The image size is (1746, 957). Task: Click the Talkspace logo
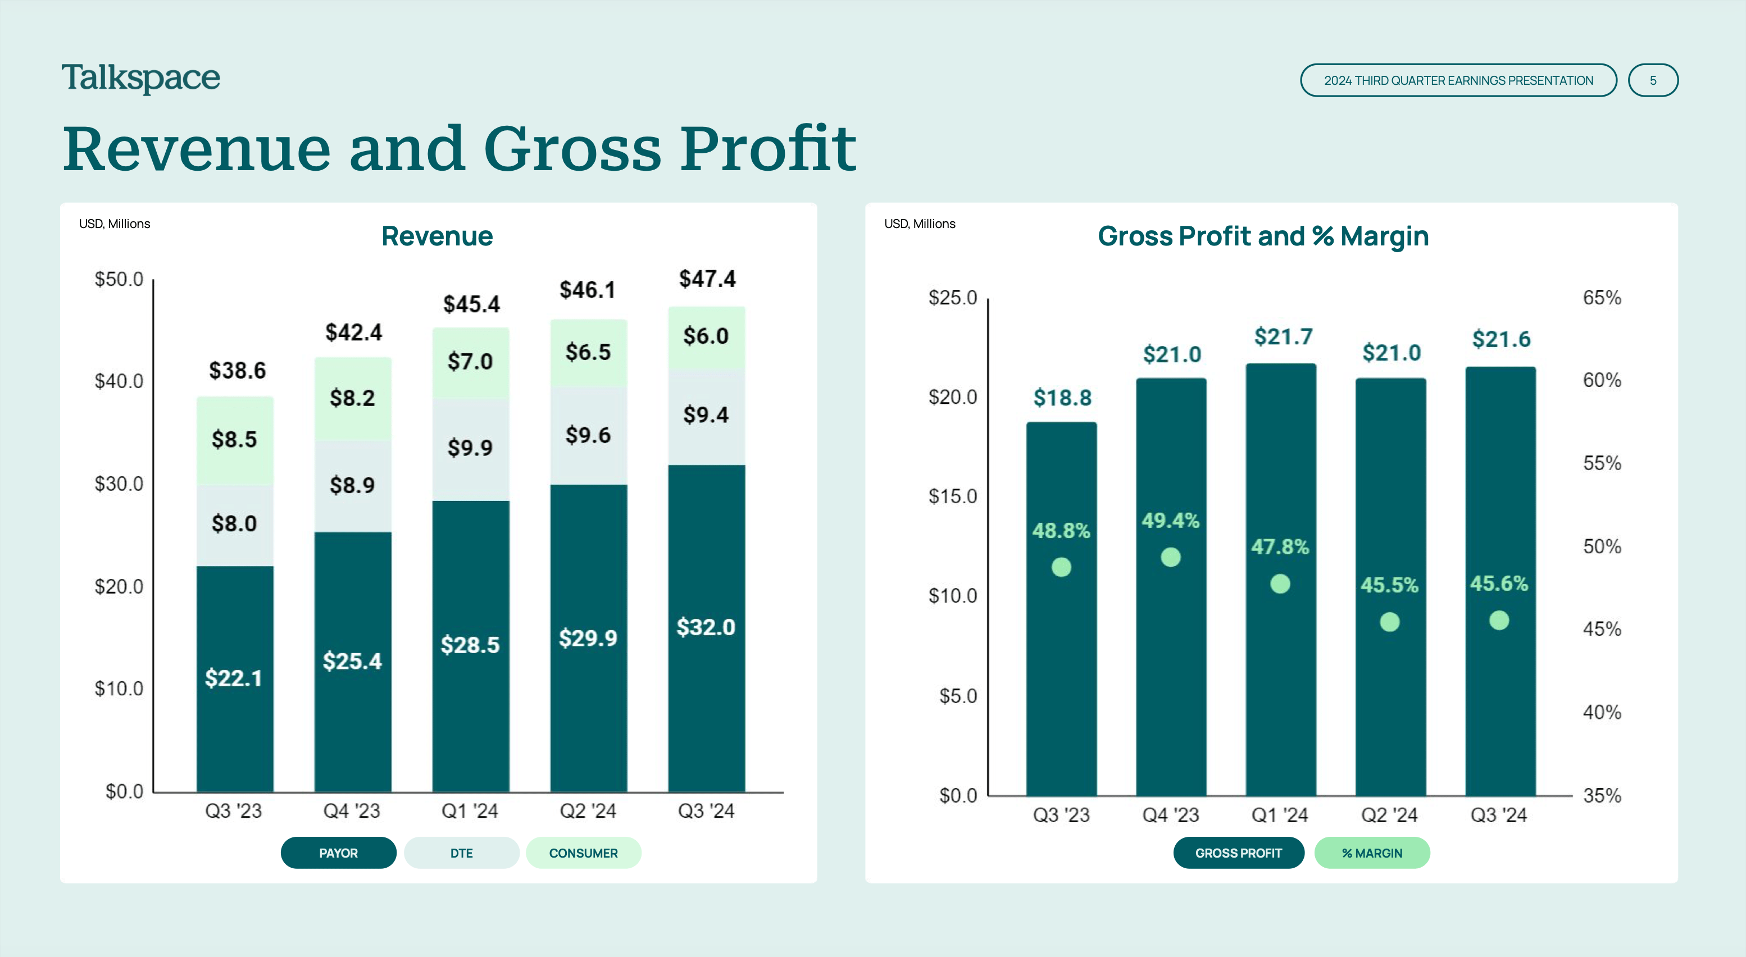[x=141, y=78]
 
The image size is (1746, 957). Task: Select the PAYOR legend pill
[x=338, y=853]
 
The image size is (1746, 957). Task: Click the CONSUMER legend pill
[x=583, y=853]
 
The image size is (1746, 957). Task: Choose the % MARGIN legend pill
[x=1372, y=853]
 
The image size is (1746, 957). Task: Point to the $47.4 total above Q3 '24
[x=707, y=279]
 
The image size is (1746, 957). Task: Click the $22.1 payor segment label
[x=234, y=678]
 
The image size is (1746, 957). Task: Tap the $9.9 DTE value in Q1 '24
[x=470, y=447]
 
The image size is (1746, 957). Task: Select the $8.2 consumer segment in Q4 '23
[x=352, y=398]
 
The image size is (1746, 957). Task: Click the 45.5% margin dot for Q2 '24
[x=1389, y=622]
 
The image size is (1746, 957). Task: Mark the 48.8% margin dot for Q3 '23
[x=1061, y=567]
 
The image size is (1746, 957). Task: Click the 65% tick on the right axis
[x=1602, y=298]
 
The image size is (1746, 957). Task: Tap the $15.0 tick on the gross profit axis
[x=952, y=496]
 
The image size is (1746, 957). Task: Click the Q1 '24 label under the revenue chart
[x=470, y=810]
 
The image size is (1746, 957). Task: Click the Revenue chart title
[x=437, y=236]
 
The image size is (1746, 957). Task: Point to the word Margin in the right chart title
[x=1384, y=236]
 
